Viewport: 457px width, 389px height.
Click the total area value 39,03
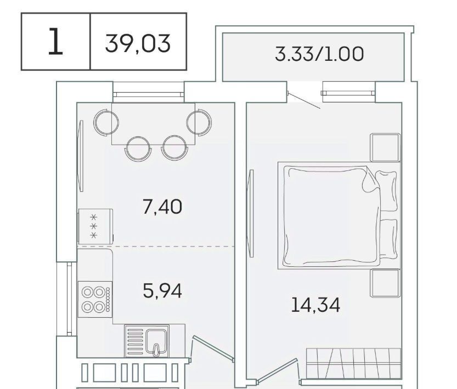click(x=138, y=44)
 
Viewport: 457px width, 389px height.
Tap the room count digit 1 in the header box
click(x=55, y=41)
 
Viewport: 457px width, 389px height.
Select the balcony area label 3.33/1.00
click(x=319, y=54)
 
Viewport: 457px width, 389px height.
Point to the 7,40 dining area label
click(x=162, y=207)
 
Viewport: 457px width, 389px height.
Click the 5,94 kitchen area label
click(x=162, y=290)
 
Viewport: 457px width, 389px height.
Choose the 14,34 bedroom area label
click(x=315, y=305)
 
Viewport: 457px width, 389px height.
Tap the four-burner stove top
click(x=95, y=299)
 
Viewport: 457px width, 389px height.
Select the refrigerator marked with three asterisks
click(x=95, y=226)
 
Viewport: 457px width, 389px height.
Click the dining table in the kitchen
click(x=153, y=124)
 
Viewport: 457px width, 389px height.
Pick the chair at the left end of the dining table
click(x=106, y=122)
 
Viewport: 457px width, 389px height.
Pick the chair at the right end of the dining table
click(x=199, y=122)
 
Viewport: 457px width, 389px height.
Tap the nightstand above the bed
click(x=385, y=147)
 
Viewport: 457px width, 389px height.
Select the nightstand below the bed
click(x=385, y=283)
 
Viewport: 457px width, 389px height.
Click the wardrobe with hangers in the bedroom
click(x=353, y=363)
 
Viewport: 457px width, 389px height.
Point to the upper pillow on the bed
click(x=386, y=191)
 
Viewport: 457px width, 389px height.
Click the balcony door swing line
click(x=304, y=101)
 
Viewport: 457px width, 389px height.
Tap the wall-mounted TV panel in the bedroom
click(x=250, y=214)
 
